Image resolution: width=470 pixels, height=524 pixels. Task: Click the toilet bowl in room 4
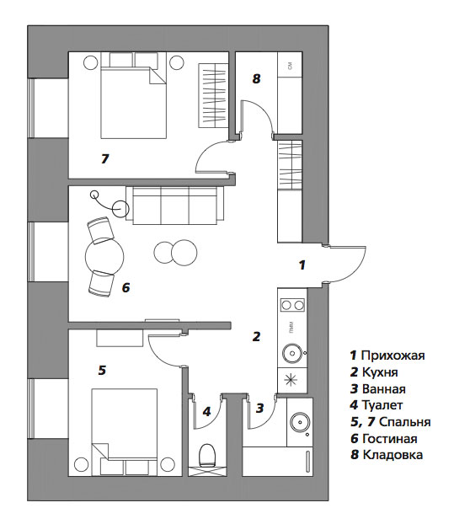[207, 455]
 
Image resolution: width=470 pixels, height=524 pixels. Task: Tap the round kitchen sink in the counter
[293, 353]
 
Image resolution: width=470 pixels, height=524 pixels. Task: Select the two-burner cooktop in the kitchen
[292, 305]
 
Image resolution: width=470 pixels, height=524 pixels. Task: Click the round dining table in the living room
[104, 257]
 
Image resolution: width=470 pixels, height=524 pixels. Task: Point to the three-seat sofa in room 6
[174, 206]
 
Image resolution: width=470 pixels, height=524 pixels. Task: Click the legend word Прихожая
[393, 356]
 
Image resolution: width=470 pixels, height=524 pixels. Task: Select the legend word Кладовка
[393, 455]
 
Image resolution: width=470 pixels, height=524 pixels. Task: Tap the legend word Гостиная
[390, 438]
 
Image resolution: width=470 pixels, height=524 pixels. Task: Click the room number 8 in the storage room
[256, 79]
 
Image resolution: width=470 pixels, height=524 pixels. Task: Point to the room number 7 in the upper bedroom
[105, 158]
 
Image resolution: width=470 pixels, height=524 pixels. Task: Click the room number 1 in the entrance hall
[302, 265]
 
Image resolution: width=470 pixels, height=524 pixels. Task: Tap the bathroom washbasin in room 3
[300, 422]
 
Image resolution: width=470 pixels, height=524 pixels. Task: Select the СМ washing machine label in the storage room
[290, 67]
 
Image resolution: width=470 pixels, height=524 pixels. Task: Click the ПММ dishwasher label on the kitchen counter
[292, 328]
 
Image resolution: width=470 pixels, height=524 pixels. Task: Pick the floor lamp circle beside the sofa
[120, 209]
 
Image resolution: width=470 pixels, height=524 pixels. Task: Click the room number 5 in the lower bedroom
[102, 371]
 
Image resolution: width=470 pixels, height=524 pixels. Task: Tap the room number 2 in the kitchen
[256, 336]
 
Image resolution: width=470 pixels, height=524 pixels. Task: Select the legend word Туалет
[382, 405]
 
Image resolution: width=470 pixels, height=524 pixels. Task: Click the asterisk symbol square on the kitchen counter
[292, 380]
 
